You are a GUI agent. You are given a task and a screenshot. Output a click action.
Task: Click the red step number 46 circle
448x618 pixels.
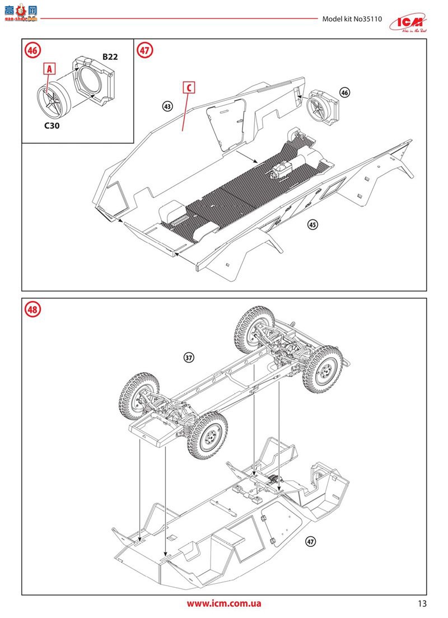click(32, 50)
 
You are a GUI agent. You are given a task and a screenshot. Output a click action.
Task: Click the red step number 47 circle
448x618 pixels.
click(144, 50)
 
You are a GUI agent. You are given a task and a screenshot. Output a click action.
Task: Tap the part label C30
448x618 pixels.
click(53, 126)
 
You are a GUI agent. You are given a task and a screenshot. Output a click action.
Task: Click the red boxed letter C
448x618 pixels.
click(189, 87)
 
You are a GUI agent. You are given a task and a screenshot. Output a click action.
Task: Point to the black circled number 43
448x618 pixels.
click(167, 105)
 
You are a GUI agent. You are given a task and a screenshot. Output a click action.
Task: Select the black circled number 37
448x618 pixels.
click(189, 358)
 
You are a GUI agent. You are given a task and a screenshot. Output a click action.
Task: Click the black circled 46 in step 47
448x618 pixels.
click(344, 92)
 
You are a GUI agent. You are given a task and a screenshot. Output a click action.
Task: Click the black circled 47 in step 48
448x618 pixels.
click(311, 541)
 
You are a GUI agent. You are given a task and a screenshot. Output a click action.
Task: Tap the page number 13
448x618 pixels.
click(422, 603)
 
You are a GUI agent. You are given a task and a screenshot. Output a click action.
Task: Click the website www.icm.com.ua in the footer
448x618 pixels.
click(223, 603)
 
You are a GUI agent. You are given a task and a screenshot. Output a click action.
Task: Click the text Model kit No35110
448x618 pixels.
click(352, 18)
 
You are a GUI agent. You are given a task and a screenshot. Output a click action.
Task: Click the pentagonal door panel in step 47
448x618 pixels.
click(227, 124)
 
